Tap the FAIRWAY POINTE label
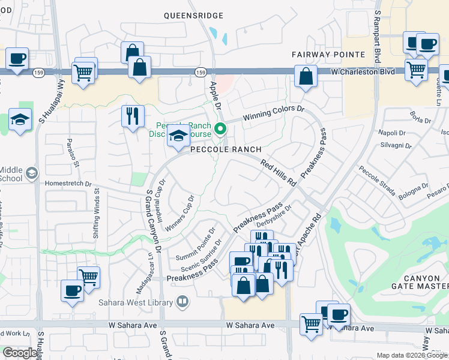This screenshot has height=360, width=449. [320, 55]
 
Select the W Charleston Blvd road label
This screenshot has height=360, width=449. [363, 71]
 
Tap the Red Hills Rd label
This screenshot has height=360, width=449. [279, 172]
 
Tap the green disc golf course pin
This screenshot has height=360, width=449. [220, 128]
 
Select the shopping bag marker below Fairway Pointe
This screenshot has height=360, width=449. [306, 77]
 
